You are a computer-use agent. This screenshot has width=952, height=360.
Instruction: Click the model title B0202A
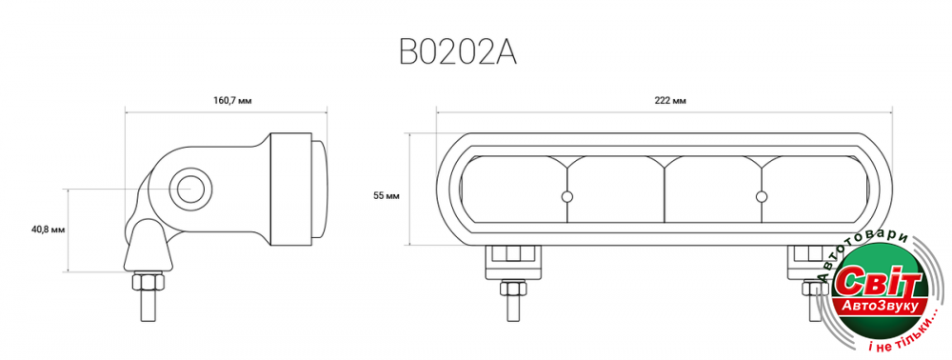tap(458, 52)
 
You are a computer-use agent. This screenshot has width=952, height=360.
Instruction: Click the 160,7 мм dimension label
tap(231, 101)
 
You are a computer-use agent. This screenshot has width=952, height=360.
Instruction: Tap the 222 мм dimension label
tap(670, 101)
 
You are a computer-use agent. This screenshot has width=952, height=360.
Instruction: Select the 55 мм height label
tap(386, 195)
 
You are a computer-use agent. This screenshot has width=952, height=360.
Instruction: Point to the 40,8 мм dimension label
tap(48, 230)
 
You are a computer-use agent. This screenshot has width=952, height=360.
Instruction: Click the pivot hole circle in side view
tap(190, 189)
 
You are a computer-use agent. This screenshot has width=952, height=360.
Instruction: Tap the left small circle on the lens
tap(567, 196)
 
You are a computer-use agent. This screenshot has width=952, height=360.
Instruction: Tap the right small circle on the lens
tap(762, 196)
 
